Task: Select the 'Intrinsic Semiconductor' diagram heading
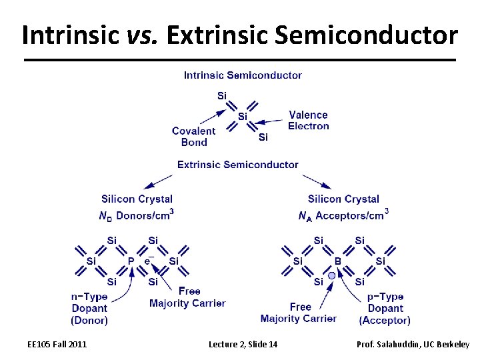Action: click(x=243, y=75)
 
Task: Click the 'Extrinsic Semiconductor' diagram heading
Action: click(x=238, y=165)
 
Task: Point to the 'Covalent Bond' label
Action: click(x=193, y=137)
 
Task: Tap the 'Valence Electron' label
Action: click(x=309, y=121)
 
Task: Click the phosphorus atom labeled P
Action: click(x=131, y=261)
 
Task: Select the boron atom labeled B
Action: click(x=337, y=261)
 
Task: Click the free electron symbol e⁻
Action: click(x=149, y=261)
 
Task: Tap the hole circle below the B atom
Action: click(x=332, y=275)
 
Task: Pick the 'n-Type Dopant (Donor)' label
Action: click(x=89, y=308)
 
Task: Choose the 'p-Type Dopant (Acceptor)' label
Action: click(x=385, y=308)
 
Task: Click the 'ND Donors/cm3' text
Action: click(x=137, y=215)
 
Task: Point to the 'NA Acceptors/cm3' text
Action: click(x=343, y=215)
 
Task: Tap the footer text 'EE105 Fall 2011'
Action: click(x=57, y=344)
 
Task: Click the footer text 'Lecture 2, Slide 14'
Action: click(x=243, y=344)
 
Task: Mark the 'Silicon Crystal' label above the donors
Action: click(x=137, y=199)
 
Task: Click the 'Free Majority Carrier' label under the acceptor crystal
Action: click(x=299, y=313)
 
